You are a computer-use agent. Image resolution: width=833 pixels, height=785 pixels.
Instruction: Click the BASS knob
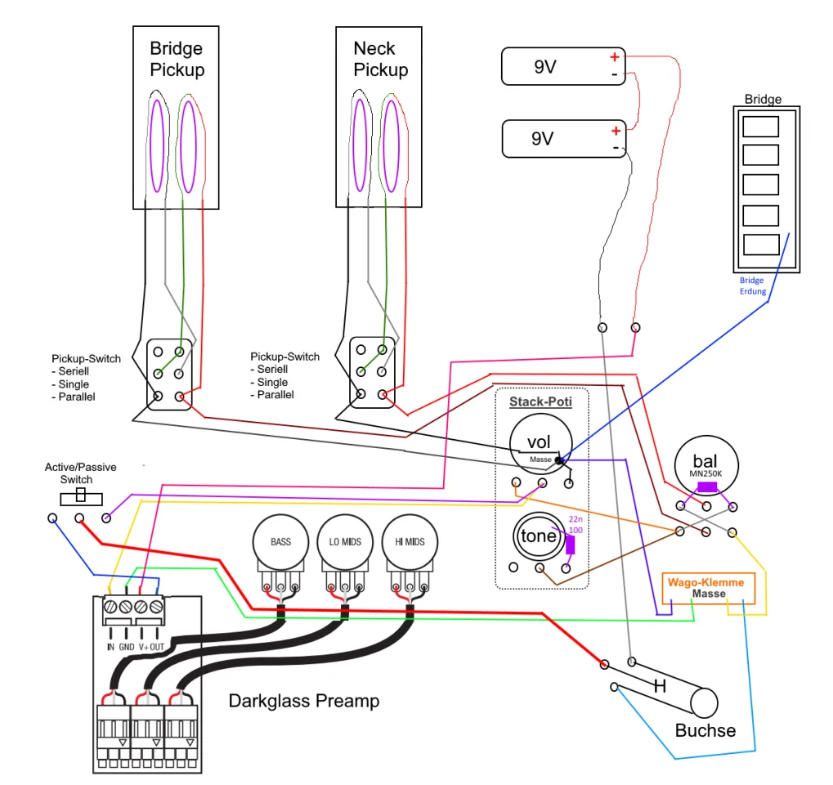(280, 541)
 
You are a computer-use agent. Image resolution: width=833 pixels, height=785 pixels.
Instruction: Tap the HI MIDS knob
(410, 541)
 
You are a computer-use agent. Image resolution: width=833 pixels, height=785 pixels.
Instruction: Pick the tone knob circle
(539, 536)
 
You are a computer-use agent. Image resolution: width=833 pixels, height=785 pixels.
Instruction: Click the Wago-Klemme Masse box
(706, 588)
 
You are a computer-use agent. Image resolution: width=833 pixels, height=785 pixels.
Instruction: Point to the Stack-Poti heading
(540, 401)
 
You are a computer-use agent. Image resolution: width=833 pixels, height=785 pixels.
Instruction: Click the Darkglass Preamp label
(304, 701)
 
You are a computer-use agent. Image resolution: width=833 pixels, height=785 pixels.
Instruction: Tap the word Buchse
(705, 730)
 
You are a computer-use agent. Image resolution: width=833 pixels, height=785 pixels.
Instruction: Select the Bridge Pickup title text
(177, 60)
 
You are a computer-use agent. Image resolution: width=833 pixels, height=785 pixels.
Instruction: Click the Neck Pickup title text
(380, 60)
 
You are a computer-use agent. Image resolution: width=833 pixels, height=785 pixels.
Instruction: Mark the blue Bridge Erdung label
(752, 285)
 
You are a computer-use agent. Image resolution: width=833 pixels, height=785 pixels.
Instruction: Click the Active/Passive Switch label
(80, 473)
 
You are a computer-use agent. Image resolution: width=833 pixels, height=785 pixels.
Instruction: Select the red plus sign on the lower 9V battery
(616, 131)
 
